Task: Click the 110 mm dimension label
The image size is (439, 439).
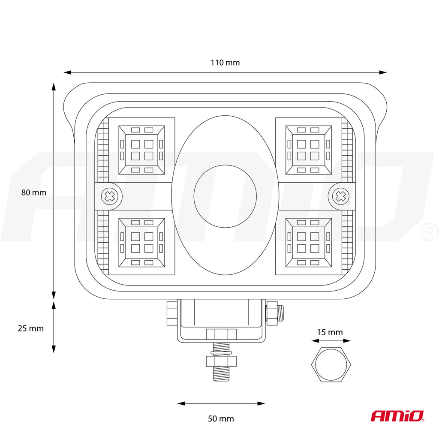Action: click(225, 63)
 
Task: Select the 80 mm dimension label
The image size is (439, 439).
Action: click(33, 192)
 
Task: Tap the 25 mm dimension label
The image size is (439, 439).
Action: click(31, 328)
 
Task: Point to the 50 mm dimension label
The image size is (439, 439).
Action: click(221, 418)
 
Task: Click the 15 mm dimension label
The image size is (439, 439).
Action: click(330, 332)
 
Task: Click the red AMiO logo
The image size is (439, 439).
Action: click(397, 416)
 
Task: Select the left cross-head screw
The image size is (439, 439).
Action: click(109, 196)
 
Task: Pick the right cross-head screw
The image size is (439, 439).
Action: click(341, 196)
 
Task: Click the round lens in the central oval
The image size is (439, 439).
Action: click(225, 196)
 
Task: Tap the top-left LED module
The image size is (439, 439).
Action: click(141, 150)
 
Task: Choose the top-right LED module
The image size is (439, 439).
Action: click(309, 150)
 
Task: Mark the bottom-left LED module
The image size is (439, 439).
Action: click(141, 243)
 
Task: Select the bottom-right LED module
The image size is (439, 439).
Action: click(309, 243)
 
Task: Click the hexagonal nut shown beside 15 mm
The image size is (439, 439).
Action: click(331, 364)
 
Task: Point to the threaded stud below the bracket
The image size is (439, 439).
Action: click(221, 362)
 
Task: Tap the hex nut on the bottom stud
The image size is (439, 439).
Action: click(221, 361)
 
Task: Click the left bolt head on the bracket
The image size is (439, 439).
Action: click(172, 313)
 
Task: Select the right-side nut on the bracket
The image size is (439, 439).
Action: click(271, 313)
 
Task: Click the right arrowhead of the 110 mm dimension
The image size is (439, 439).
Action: click(383, 72)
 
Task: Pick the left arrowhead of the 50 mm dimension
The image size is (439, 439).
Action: click(181, 403)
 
